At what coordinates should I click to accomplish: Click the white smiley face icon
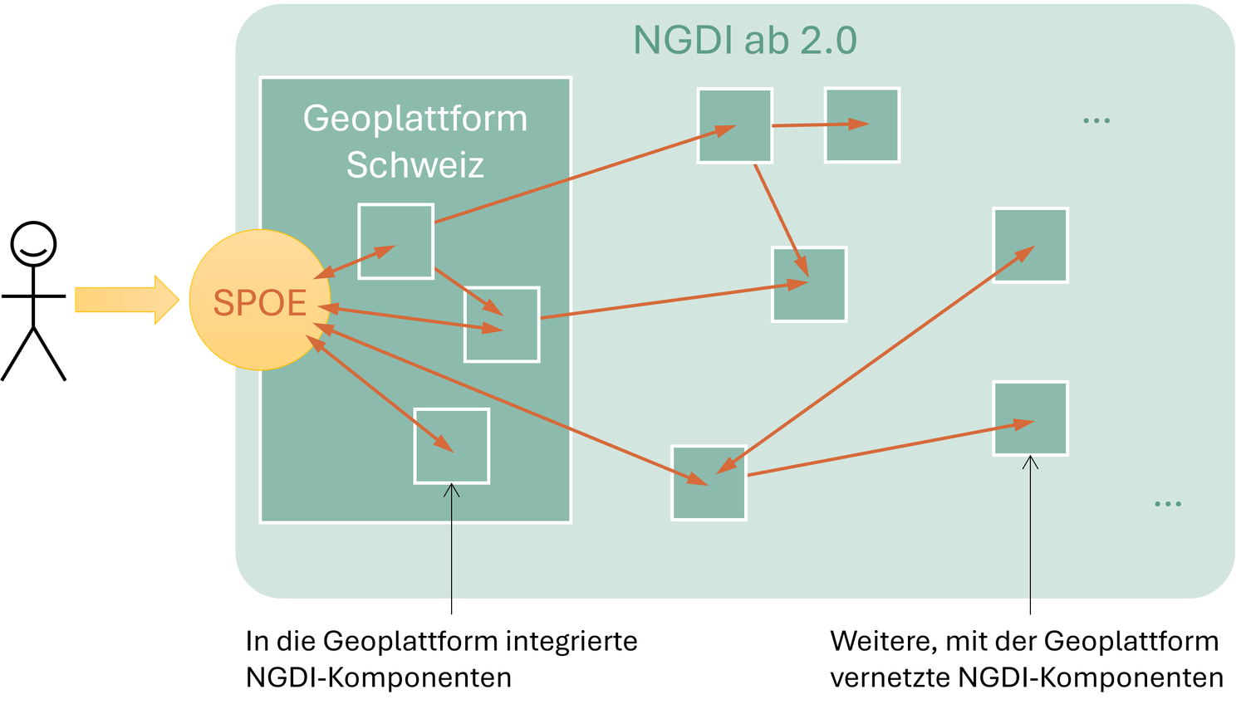tap(34, 245)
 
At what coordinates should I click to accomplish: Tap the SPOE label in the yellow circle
tap(260, 303)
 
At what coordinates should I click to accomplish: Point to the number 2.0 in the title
tap(828, 41)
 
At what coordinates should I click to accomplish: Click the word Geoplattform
tap(415, 119)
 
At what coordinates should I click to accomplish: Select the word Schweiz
tap(415, 164)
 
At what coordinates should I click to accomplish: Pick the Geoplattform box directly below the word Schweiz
tap(395, 241)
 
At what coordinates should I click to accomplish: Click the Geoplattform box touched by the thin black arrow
tap(452, 446)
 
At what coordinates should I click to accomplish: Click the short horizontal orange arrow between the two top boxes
tap(820, 125)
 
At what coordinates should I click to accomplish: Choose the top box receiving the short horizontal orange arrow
tap(862, 125)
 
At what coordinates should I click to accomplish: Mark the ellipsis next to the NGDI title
tap(1096, 121)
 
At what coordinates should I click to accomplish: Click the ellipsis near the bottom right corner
tap(1167, 504)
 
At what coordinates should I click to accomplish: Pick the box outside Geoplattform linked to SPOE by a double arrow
tap(709, 483)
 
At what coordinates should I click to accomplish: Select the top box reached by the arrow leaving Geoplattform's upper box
tap(734, 125)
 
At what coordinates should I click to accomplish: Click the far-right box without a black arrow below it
tap(1030, 245)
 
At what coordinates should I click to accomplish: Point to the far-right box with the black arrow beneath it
tap(1030, 418)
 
